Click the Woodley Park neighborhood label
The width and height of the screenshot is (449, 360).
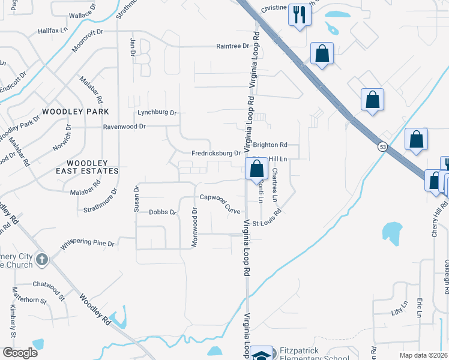[x=76, y=112]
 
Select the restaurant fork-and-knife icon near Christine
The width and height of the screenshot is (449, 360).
[x=299, y=14]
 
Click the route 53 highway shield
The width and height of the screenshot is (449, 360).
[x=382, y=146]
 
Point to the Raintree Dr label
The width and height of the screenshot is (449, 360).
[x=232, y=46]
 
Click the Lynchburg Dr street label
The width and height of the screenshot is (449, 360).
[x=157, y=112]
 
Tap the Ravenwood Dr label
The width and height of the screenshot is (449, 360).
[x=125, y=127]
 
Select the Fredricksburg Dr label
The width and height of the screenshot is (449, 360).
[x=216, y=153]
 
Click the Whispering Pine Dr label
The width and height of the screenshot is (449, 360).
[x=88, y=244]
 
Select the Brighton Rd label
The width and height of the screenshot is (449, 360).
[x=270, y=145]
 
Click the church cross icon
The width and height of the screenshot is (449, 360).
[x=41, y=259]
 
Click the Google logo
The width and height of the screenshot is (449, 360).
[x=20, y=353]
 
